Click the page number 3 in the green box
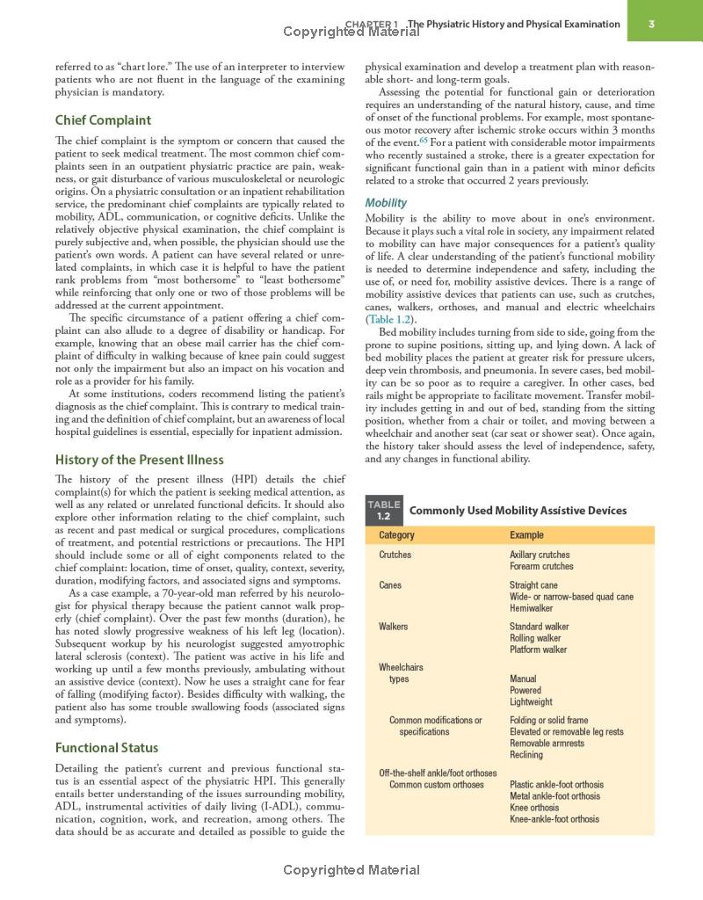651,24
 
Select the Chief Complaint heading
103,120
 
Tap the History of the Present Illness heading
139,460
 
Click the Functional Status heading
106,748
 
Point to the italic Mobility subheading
386,203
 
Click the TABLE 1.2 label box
384,510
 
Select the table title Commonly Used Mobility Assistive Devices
518,511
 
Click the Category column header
396,535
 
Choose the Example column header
526,535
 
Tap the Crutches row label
395,555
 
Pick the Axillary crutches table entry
540,555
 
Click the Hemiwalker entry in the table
531,608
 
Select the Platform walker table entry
539,650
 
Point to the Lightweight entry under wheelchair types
531,702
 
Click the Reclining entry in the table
526,755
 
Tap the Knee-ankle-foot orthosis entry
554,819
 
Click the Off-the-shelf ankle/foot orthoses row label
438,773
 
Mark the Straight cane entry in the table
533,585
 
